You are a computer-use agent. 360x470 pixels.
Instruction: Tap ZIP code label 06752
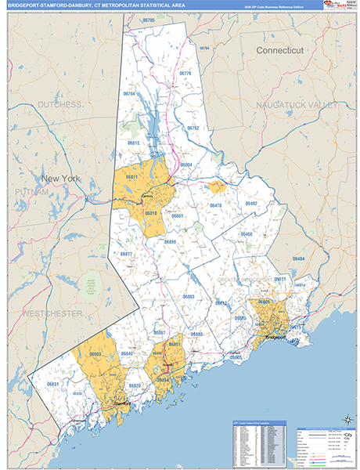click(x=193, y=128)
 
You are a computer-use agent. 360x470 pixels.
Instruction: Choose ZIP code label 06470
click(x=216, y=205)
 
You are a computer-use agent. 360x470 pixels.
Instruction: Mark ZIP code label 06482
click(x=250, y=203)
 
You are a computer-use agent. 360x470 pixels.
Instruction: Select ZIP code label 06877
click(x=125, y=255)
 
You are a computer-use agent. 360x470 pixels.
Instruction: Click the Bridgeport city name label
click(x=272, y=338)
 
